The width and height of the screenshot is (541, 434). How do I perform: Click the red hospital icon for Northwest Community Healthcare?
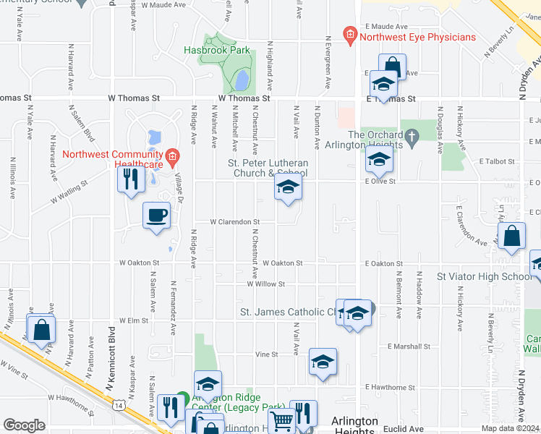(171, 155)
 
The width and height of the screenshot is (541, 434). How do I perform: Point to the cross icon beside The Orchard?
(412, 135)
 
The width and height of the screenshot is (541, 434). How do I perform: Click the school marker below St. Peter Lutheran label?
(288, 189)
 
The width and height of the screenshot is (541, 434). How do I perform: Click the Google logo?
(24, 425)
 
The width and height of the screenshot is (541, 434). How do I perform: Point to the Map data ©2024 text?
(510, 428)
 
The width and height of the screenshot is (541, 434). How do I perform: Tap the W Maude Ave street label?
(164, 5)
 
